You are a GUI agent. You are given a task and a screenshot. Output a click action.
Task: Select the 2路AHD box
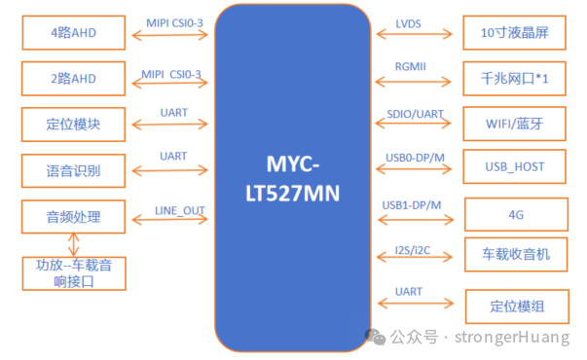[74, 79]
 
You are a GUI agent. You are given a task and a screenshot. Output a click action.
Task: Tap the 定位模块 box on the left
[74, 125]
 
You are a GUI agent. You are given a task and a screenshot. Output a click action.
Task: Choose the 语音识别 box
[74, 171]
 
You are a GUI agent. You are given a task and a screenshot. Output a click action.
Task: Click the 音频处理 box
[74, 216]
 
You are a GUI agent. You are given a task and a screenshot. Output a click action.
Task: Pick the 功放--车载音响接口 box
[74, 272]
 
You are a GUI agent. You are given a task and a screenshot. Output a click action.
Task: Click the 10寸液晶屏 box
[514, 33]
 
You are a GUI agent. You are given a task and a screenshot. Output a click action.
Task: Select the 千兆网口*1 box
[514, 79]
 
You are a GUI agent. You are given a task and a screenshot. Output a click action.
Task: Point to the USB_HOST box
[514, 167]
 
